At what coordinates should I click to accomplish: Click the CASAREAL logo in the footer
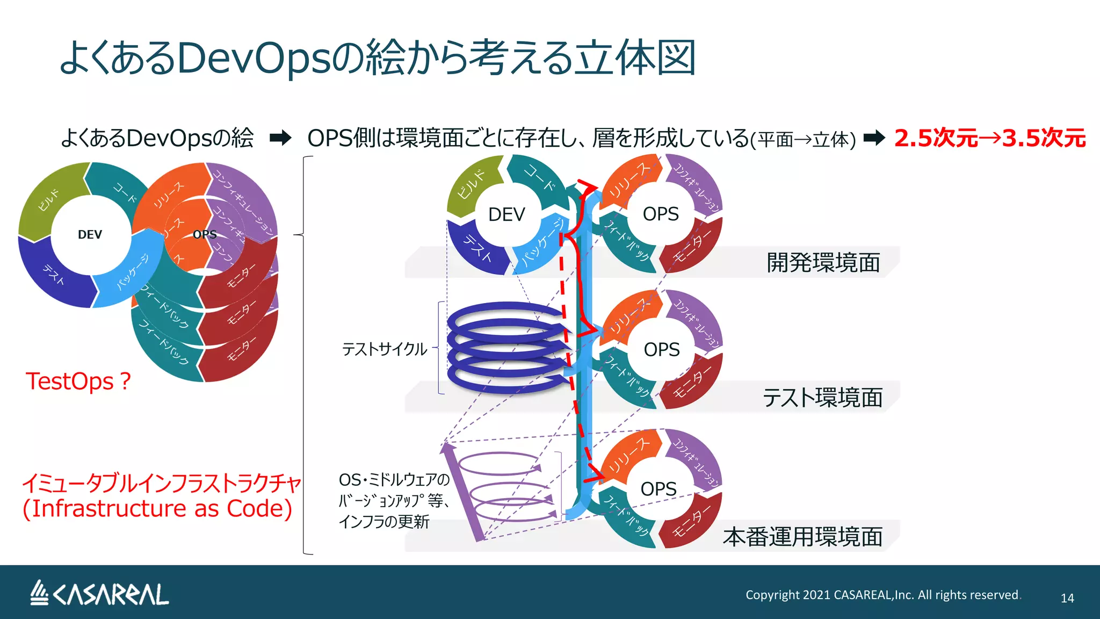tap(99, 594)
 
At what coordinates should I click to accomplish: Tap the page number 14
tap(1067, 598)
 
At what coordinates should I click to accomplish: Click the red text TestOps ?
tap(78, 382)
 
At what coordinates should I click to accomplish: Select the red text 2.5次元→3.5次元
tap(990, 138)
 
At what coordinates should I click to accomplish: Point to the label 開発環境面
tap(823, 263)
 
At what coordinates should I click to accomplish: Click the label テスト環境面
tap(822, 398)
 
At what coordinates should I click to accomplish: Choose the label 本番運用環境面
tap(802, 537)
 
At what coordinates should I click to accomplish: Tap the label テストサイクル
tap(385, 349)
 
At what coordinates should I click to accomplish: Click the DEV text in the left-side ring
tap(90, 234)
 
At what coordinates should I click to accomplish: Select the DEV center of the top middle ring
tap(506, 214)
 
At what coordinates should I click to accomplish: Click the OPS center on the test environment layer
tap(662, 350)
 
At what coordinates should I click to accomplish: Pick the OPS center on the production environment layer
tap(658, 489)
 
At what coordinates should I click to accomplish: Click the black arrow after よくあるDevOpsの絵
tap(280, 138)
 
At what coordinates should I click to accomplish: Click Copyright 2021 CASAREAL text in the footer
tap(882, 595)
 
